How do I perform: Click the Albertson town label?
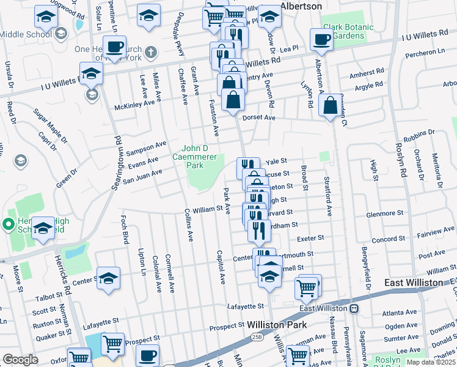pyautogui.click(x=301, y=6)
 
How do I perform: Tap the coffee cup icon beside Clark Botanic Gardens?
pyautogui.click(x=321, y=40)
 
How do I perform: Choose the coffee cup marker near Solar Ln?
pyautogui.click(x=115, y=46)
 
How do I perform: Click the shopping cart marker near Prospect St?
pyautogui.click(x=112, y=345)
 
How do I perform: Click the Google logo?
pyautogui.click(x=20, y=360)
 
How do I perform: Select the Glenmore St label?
pyautogui.click(x=384, y=214)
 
